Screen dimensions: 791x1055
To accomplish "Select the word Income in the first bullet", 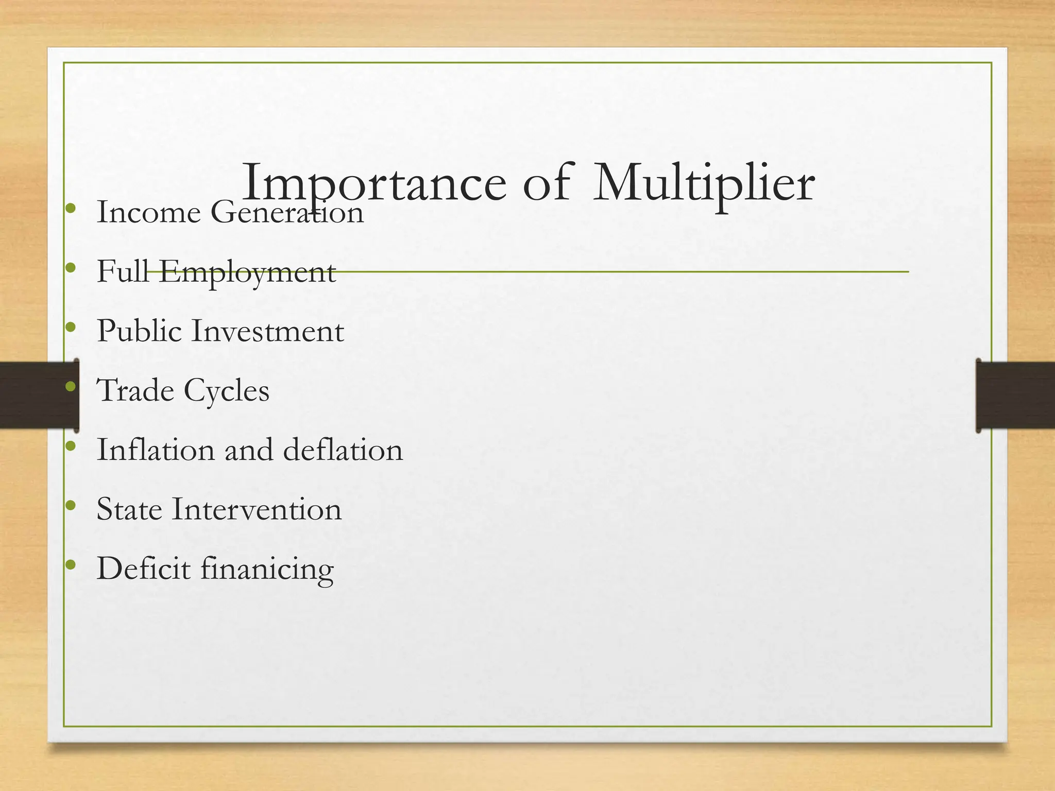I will coord(148,212).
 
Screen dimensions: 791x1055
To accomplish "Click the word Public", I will coord(139,331).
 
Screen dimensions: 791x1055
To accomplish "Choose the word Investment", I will coord(267,331).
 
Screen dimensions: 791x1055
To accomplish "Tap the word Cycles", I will coord(226,391).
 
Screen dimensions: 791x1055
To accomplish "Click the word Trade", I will coord(135,390).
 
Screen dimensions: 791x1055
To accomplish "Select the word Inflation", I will coord(156,450).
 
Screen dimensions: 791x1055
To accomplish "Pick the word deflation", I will coord(343,450).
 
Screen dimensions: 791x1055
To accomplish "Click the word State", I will coord(129,509).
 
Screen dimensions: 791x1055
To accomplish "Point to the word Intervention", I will coord(257,509).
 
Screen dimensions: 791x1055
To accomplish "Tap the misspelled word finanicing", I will coord(267,570).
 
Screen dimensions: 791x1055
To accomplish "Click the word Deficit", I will coord(143,569).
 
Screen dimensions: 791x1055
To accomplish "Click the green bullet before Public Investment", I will coord(71,327).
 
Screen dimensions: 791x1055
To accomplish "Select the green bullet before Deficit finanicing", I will coord(71,565).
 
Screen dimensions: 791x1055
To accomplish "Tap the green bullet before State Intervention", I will coord(71,505).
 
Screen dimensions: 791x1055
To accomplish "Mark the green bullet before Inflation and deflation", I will coord(71,446).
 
